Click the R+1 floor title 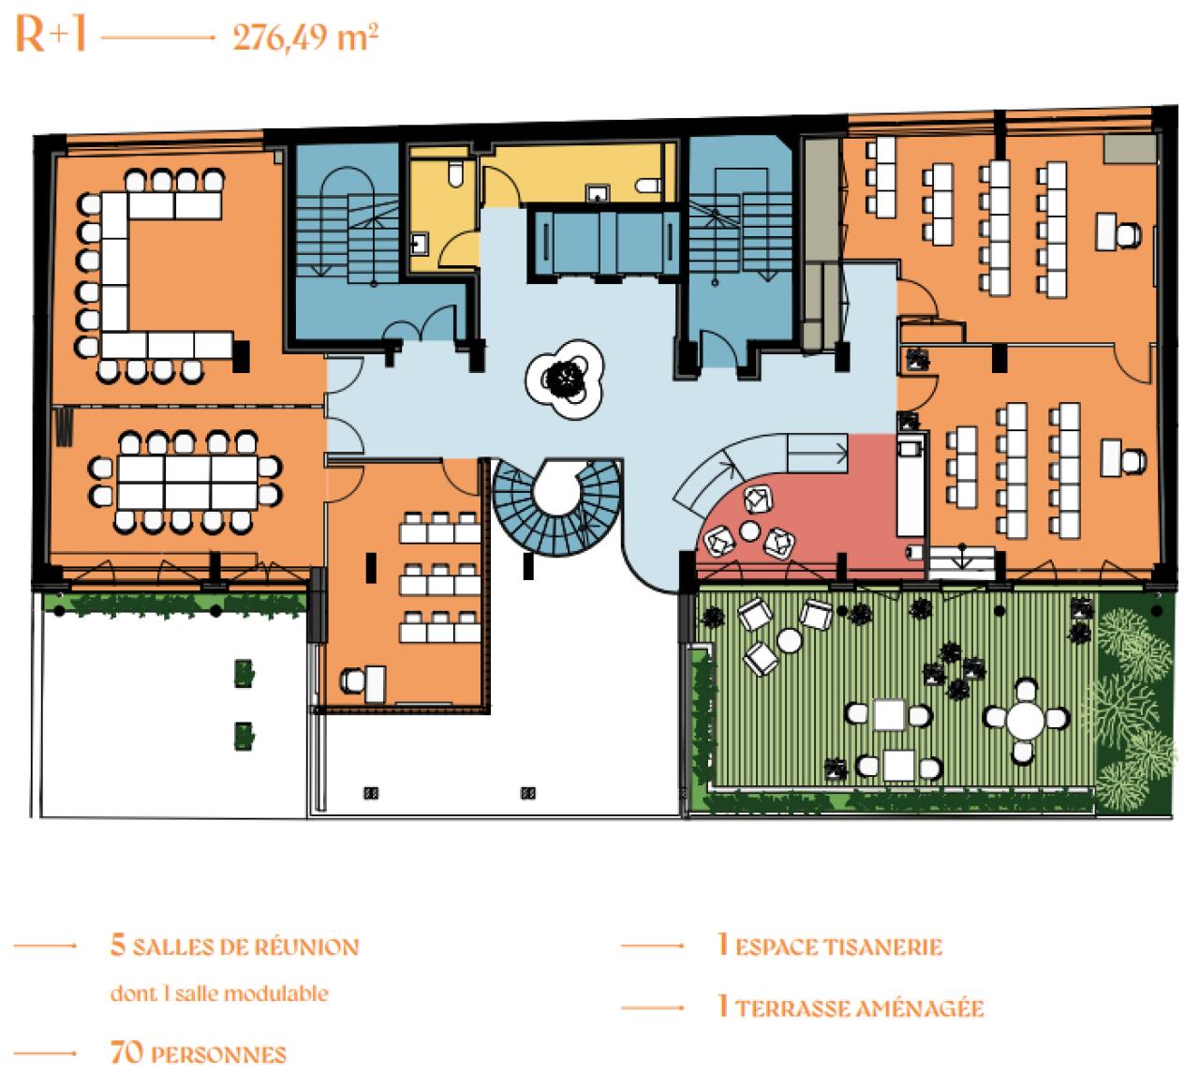click(51, 35)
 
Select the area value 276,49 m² click(305, 38)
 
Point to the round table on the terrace click(1026, 720)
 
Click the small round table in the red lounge click(749, 531)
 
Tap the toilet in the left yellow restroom click(455, 172)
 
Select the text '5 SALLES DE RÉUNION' click(234, 946)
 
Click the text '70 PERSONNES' click(198, 1053)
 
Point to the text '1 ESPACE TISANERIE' click(829, 946)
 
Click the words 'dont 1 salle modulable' click(219, 993)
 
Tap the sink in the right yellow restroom click(598, 194)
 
